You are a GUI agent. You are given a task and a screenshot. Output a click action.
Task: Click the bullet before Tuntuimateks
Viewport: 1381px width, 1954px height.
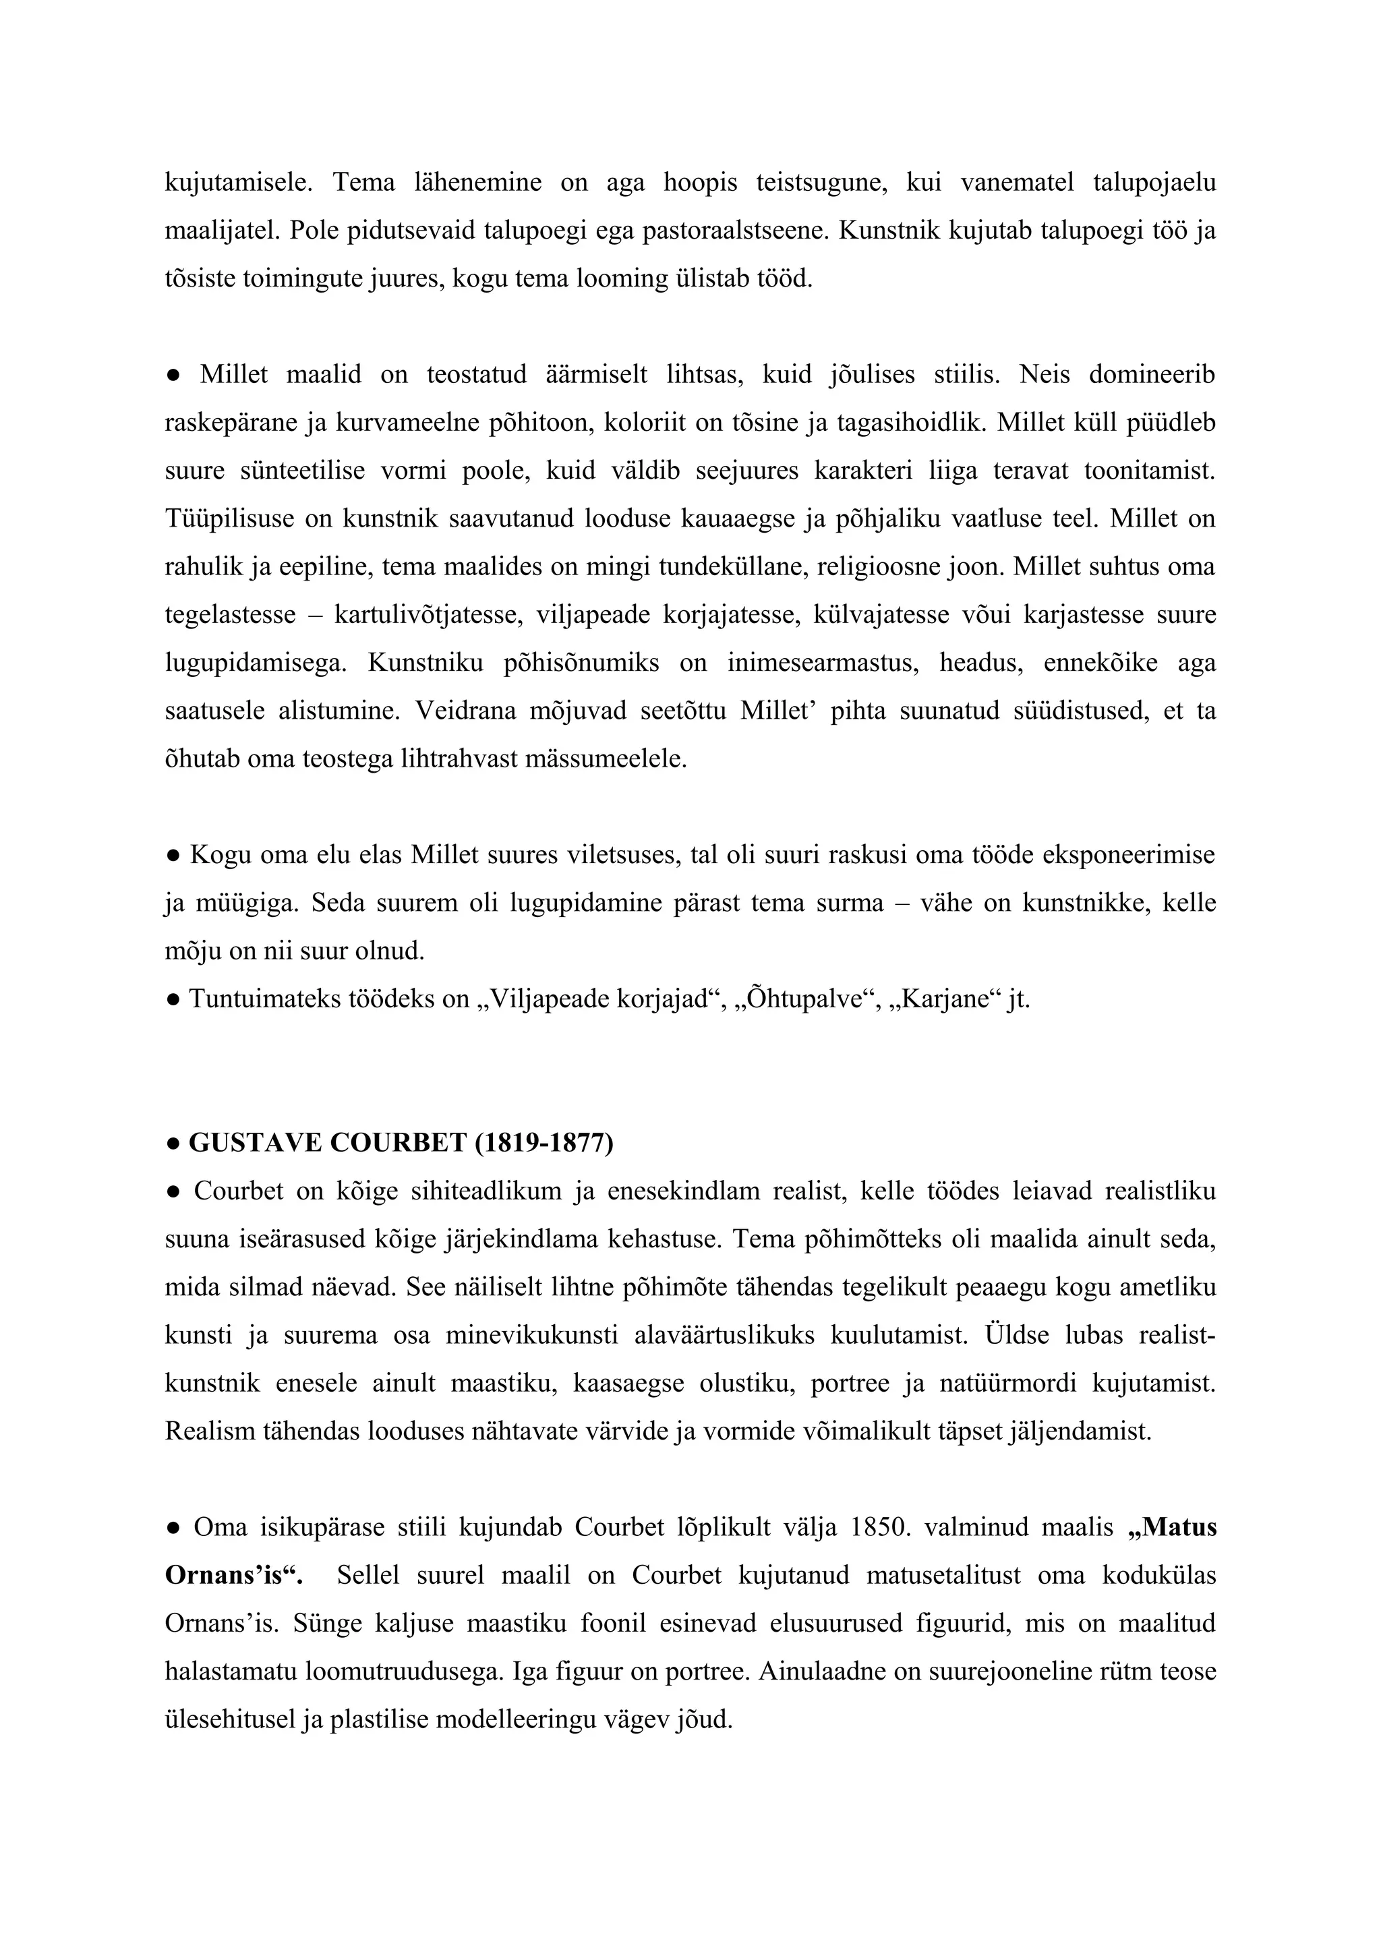(173, 999)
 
